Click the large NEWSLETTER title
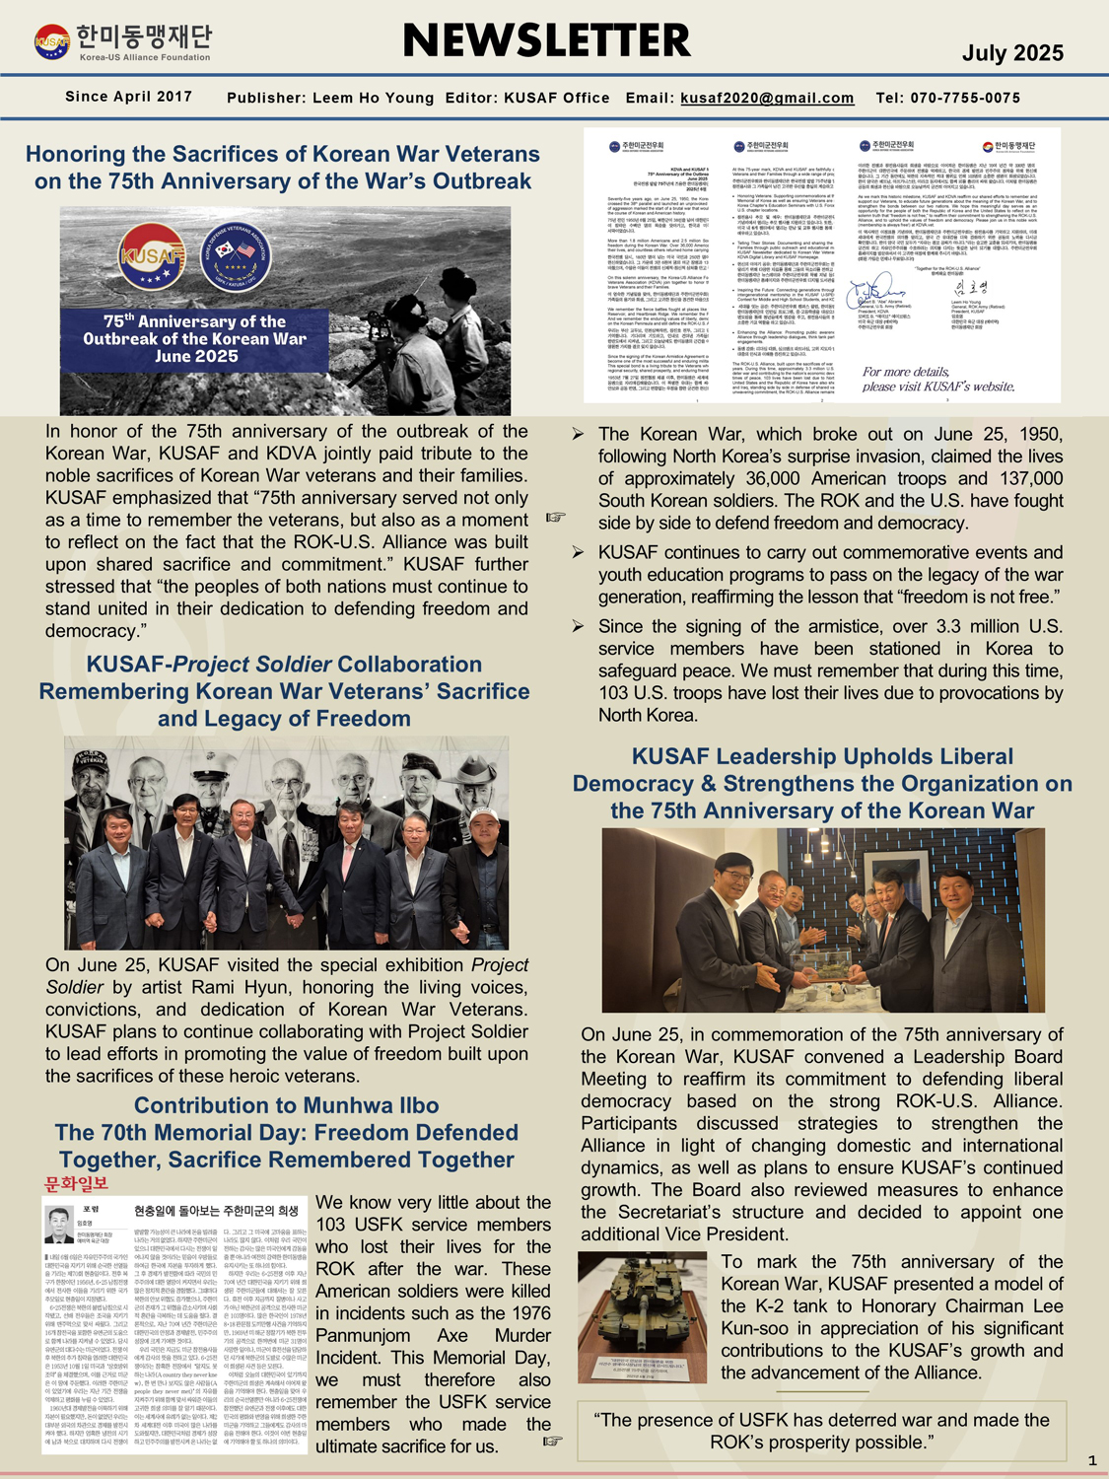point(547,41)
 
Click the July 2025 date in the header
point(1012,53)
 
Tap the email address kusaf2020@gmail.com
point(767,98)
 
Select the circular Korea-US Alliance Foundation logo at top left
point(51,42)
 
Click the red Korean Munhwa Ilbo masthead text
point(76,1183)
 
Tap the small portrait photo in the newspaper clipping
point(60,1225)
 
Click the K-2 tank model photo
point(642,1317)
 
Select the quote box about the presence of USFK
point(821,1431)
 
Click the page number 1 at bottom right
point(1091,1460)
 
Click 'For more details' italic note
point(937,379)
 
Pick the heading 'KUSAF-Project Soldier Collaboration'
point(284,665)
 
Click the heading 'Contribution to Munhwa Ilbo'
point(286,1105)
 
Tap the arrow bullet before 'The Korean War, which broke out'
point(579,434)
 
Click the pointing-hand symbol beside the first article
point(556,517)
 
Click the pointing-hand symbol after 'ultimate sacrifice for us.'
point(553,1441)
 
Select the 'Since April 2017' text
point(128,97)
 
